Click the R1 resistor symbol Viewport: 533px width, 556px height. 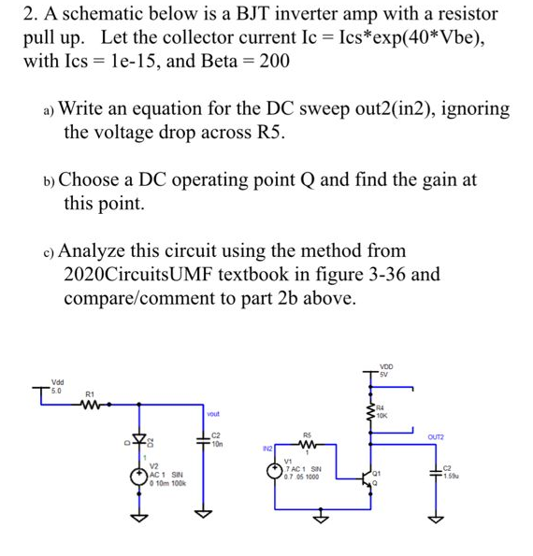93,406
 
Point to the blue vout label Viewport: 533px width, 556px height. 212,414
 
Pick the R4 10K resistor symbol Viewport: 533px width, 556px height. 369,410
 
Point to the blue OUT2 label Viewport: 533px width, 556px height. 436,436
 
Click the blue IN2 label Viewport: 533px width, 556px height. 268,449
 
